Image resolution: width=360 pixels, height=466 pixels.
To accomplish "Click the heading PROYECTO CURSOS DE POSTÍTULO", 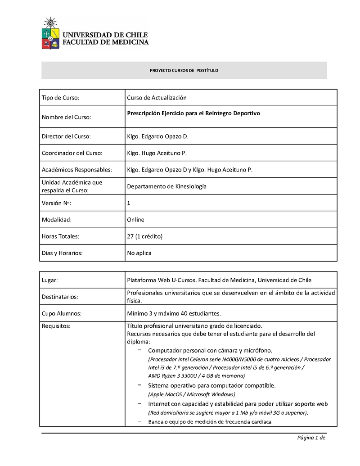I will point(184,71).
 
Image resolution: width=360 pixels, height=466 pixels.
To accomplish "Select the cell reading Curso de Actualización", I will point(157,98).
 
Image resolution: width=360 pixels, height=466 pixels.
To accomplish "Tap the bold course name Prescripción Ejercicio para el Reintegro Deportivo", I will point(193,113).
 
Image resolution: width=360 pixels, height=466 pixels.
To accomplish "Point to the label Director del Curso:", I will point(66,136).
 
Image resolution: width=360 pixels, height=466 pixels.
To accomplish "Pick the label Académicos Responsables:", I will point(76,170).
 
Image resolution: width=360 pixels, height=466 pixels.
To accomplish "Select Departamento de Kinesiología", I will point(166,186).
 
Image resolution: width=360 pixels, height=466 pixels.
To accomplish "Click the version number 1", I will point(129,203).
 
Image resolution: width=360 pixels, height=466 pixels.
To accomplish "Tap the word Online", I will point(135,220).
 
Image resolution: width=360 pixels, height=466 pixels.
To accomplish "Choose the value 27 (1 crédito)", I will point(144,236).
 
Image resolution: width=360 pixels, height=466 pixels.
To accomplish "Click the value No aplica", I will point(139,253).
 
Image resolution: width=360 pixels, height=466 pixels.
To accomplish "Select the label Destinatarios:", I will point(60,297).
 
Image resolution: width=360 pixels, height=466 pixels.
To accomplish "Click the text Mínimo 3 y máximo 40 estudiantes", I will point(174,313).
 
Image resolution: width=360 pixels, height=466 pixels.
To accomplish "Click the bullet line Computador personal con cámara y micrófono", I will point(210,350).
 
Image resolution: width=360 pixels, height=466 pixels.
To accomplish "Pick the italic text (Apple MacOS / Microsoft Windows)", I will point(191,394).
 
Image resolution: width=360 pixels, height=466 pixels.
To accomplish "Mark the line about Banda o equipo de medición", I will point(210,422).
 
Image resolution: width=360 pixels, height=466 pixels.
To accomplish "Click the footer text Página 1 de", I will point(310,438).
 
